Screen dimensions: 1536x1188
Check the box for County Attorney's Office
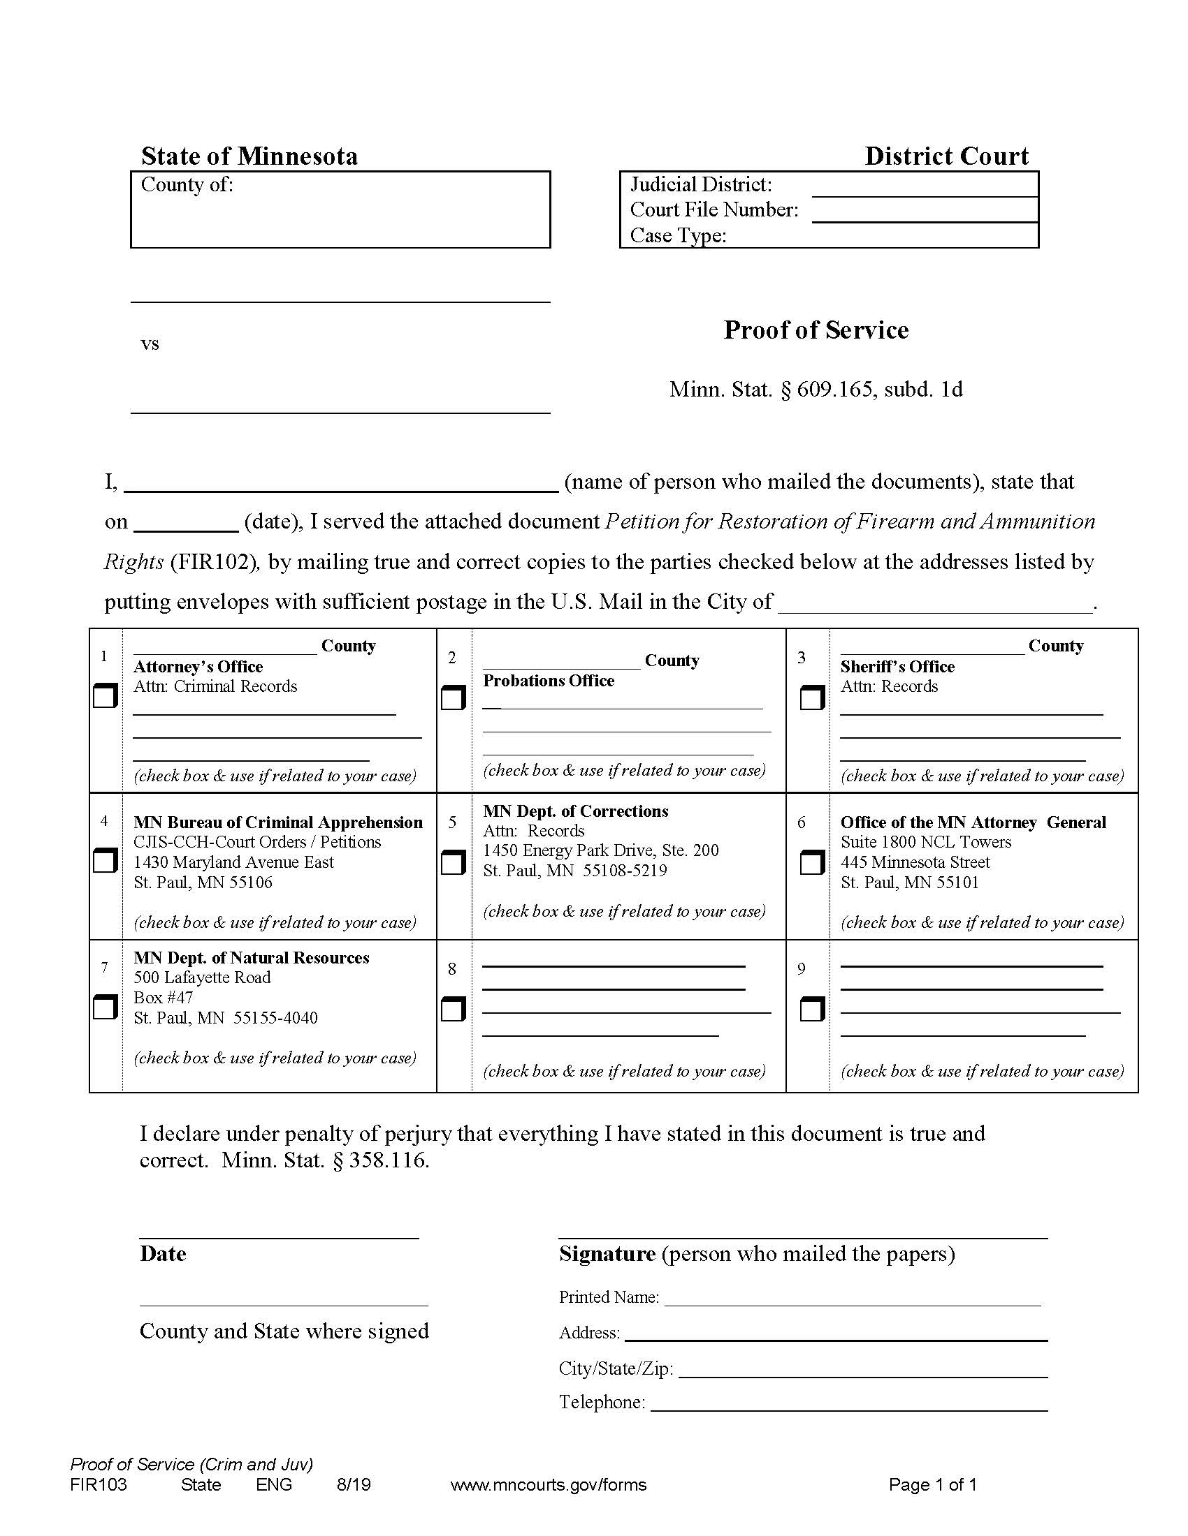pos(105,696)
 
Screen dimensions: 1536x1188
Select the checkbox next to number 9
pos(811,1010)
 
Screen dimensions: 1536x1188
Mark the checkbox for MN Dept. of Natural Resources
pos(105,1007)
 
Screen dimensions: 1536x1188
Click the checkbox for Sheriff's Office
pos(811,698)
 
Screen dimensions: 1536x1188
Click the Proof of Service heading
pos(816,330)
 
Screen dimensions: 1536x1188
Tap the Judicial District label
pos(700,184)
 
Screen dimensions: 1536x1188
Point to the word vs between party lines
pos(150,344)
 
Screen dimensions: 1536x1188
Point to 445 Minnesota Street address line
pos(915,862)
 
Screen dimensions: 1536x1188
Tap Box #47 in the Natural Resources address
pos(164,997)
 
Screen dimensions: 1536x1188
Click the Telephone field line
pos(848,1404)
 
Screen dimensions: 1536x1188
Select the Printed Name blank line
pos(852,1299)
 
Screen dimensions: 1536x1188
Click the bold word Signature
pos(607,1254)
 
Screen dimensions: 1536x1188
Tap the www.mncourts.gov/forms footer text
pos(548,1484)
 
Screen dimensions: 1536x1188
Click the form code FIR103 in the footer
pos(99,1484)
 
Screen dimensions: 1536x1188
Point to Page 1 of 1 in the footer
pos(932,1484)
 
